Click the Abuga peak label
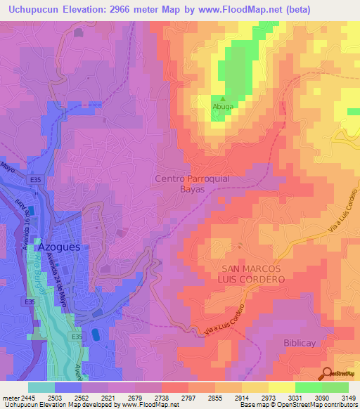[x=223, y=107]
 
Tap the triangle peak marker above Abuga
[x=223, y=99]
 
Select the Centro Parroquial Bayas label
[x=191, y=184]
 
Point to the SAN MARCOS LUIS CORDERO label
[x=243, y=274]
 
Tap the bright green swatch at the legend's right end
[x=335, y=387]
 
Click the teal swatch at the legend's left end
[x=41, y=387]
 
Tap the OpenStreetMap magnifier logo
[x=326, y=372]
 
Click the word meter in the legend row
[x=11, y=397]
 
